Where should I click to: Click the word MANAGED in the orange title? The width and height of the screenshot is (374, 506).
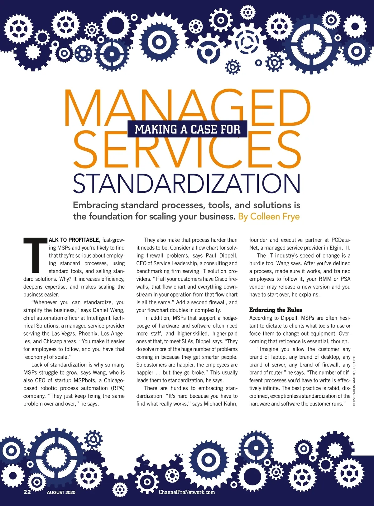click(x=187, y=106)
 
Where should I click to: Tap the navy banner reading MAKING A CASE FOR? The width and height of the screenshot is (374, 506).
click(x=187, y=129)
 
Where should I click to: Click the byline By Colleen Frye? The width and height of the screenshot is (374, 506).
click(x=269, y=216)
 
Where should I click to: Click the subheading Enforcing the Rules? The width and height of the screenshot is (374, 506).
click(x=276, y=310)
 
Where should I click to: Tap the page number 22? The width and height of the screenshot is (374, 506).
click(x=27, y=492)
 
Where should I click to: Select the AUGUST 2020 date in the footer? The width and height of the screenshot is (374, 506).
click(x=61, y=493)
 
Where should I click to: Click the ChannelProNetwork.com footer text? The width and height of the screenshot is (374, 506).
click(x=187, y=492)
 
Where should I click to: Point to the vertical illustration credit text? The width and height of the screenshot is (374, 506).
click(x=354, y=381)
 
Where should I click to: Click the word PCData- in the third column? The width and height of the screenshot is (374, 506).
click(x=341, y=240)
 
